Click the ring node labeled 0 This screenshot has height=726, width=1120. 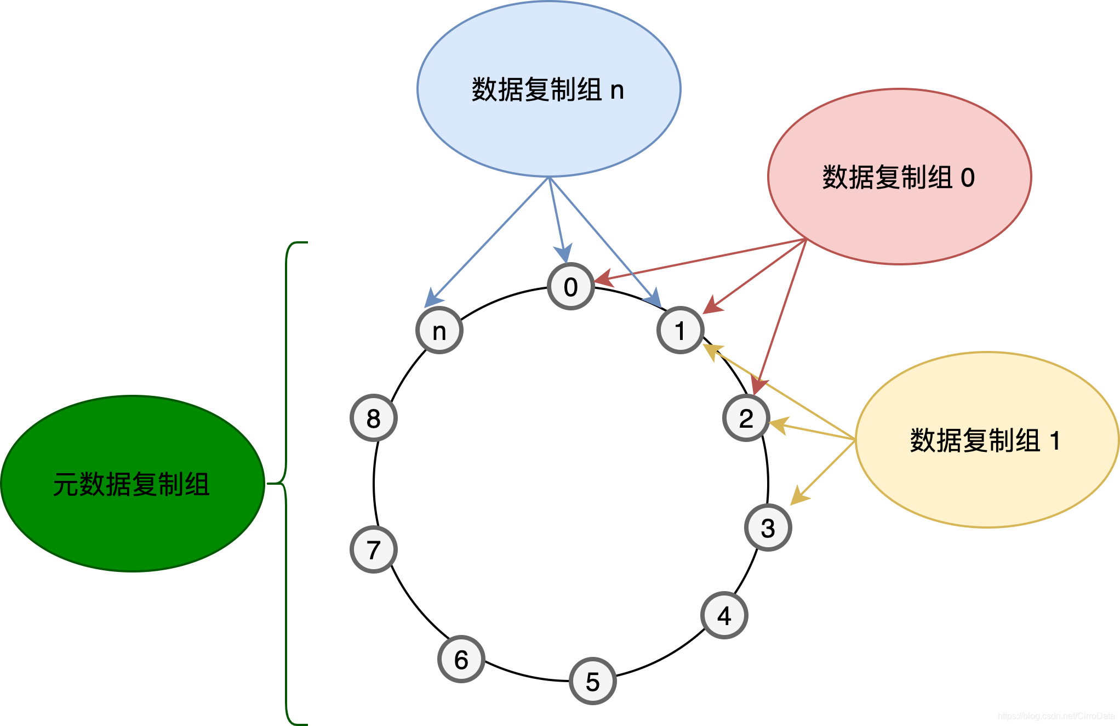point(570,286)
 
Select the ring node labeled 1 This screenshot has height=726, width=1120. point(680,330)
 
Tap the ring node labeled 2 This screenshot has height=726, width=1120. point(746,418)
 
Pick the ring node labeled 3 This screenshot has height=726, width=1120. point(768,528)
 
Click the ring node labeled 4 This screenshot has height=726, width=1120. point(724,615)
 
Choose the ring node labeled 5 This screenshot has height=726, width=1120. point(592,681)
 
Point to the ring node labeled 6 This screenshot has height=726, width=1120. point(461,659)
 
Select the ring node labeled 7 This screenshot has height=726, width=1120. point(373,549)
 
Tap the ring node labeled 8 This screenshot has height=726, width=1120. point(373,418)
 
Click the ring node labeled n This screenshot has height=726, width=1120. point(439,330)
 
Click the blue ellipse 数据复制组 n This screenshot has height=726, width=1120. point(548,89)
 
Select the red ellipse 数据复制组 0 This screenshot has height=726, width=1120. point(899,177)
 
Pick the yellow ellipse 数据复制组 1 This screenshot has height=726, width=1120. point(987,440)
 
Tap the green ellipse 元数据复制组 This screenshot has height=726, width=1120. point(132,484)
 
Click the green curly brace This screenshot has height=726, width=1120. point(286,484)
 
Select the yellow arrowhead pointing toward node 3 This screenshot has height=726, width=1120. point(798,496)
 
